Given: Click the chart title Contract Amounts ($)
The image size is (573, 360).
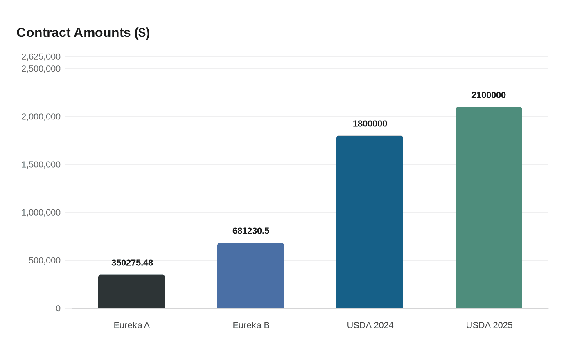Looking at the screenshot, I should point(83,32).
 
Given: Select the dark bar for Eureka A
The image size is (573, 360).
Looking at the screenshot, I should point(131,291).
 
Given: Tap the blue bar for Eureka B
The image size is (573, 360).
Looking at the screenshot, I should point(250,275).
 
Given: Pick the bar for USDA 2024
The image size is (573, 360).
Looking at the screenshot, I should point(370,222).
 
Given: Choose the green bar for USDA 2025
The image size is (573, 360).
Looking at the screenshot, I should point(489,207).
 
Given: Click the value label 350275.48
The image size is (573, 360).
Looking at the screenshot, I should point(132,263).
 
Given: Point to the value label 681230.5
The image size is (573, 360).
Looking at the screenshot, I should point(250,231).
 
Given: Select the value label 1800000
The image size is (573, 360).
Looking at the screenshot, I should point(370,124).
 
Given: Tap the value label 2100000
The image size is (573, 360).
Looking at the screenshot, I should point(488,95).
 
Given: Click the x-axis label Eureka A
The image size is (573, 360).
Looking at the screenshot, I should point(131,325).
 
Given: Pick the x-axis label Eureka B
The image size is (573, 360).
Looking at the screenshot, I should point(251,325).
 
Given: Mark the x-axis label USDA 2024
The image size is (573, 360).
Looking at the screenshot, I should point(370,325).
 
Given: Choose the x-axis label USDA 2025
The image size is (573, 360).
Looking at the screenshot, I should point(489,325).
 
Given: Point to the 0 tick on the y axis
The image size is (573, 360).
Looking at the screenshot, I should point(58,308).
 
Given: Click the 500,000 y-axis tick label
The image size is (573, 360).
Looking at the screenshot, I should point(45,261).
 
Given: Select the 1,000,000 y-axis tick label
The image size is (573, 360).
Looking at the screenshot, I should point(41,213).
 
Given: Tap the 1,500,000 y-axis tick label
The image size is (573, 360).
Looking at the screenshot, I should point(41,165).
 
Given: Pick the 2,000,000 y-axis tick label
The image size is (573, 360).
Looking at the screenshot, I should point(41,117).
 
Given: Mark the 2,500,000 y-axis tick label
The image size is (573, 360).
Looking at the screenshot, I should point(41,69).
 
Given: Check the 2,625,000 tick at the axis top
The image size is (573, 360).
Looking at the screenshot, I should point(41,57).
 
